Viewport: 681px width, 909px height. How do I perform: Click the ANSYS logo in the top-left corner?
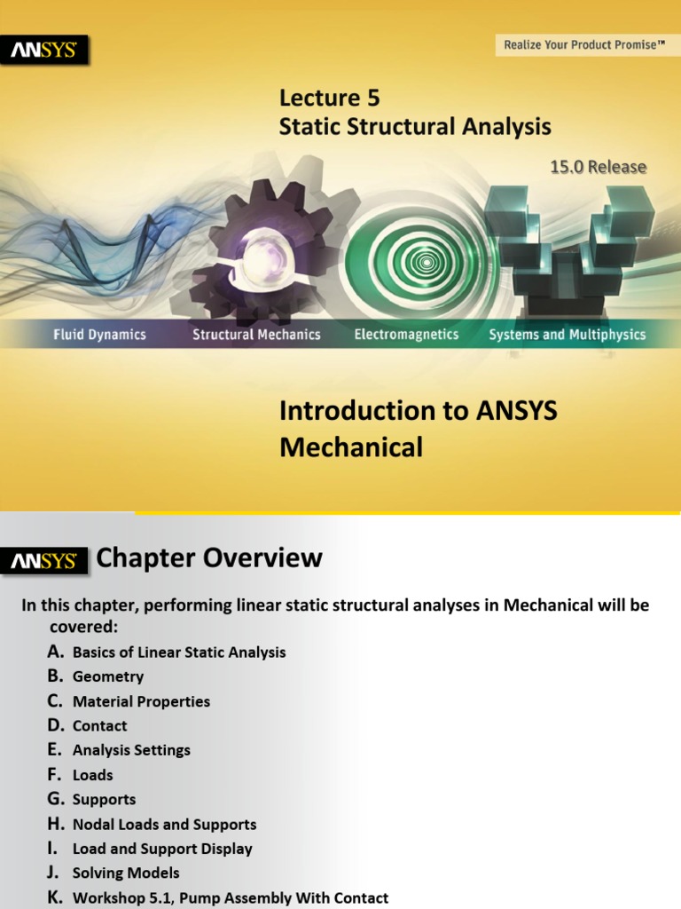49,51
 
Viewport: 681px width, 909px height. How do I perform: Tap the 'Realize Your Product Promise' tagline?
583,44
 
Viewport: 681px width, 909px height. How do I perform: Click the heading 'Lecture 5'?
330,98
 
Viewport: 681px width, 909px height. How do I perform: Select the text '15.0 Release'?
599,167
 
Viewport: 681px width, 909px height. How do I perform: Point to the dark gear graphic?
266,249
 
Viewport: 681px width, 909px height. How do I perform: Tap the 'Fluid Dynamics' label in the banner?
98,335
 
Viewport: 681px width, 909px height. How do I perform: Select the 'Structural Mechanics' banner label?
256,335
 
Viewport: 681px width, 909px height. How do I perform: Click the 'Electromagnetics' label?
406,335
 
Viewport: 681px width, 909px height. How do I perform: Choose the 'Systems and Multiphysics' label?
567,335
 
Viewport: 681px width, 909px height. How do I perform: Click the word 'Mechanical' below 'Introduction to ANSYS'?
351,447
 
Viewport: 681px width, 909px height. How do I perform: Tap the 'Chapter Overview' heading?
209,558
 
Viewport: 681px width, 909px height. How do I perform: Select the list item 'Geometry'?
108,676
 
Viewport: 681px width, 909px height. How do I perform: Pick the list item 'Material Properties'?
141,701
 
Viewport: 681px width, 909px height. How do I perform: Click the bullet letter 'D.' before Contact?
57,725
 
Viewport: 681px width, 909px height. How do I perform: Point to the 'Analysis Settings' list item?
131,750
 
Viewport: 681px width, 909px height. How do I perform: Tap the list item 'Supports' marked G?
104,800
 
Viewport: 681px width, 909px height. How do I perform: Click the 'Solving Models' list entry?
126,873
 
